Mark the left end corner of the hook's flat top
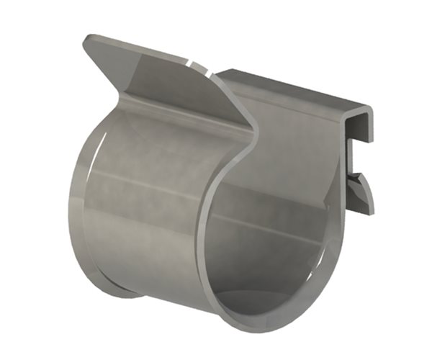(220, 72)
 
